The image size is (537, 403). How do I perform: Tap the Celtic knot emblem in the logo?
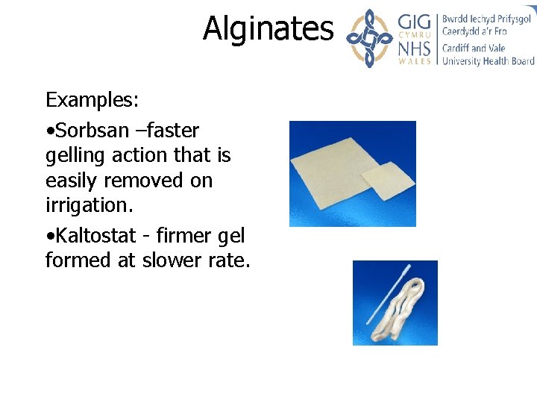point(371,38)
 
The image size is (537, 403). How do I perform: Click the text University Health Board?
point(488,61)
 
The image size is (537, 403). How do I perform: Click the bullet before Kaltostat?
point(48,237)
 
